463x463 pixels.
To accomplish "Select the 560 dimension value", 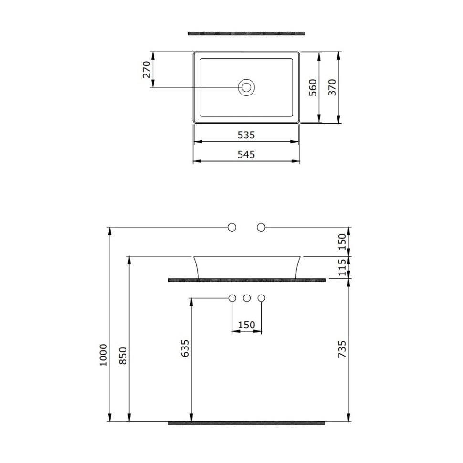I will pyautogui.click(x=313, y=87).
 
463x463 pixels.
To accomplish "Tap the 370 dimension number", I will pyautogui.click(x=332, y=87).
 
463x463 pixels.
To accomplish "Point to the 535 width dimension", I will pyautogui.click(x=246, y=135).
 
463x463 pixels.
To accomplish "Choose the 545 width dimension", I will pyautogui.click(x=246, y=155).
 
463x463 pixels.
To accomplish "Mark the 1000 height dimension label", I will pyautogui.click(x=104, y=354).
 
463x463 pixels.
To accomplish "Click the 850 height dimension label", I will pyautogui.click(x=123, y=356).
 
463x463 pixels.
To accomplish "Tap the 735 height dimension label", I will pyautogui.click(x=342, y=349).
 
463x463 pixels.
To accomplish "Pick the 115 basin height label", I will pyautogui.click(x=342, y=268).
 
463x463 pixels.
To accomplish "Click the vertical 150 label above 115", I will pyautogui.click(x=342, y=242).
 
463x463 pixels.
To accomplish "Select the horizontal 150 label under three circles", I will pyautogui.click(x=246, y=325).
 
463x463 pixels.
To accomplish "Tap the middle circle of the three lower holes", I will pyautogui.click(x=247, y=298).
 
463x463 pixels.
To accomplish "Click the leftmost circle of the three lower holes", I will pyautogui.click(x=232, y=298).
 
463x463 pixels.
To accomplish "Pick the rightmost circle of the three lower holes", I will pyautogui.click(x=261, y=298).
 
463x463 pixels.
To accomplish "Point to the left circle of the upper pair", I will pyautogui.click(x=232, y=227).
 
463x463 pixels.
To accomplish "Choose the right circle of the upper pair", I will pyautogui.click(x=261, y=227).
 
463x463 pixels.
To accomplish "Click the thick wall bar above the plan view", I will pyautogui.click(x=246, y=33).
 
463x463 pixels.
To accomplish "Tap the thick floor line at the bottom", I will pyautogui.click(x=246, y=423).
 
